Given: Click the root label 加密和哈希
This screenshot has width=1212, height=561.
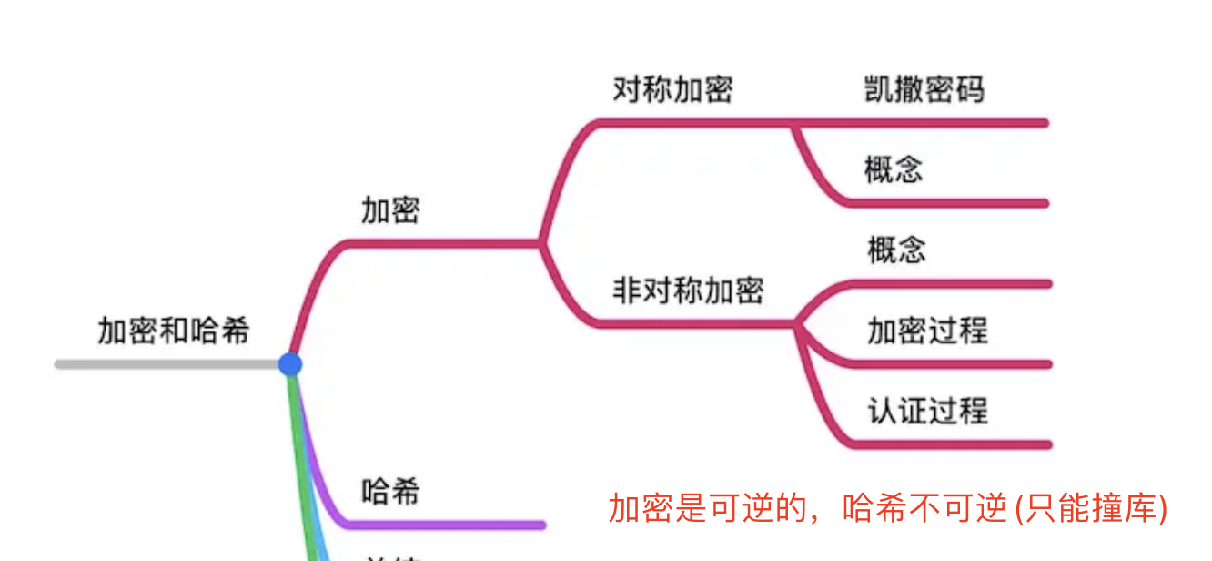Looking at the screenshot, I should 173,331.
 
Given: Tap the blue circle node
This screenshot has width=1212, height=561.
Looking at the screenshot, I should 289,364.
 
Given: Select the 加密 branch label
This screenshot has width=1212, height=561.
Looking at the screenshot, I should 390,210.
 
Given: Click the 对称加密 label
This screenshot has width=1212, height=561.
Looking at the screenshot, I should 672,90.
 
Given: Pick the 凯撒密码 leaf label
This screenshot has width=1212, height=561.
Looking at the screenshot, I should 924,89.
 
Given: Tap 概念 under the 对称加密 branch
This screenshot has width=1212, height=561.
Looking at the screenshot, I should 894,170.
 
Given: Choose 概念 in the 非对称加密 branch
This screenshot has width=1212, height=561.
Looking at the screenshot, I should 896,250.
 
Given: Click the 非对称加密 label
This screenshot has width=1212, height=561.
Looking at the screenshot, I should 688,291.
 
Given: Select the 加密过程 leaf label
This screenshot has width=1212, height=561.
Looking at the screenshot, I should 926,330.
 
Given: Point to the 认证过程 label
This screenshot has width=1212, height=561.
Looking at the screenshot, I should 926,411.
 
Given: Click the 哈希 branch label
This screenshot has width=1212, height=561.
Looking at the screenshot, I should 390,493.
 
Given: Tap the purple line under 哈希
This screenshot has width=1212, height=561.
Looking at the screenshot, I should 446,525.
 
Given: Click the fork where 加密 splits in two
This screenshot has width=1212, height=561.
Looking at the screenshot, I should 542,243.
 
